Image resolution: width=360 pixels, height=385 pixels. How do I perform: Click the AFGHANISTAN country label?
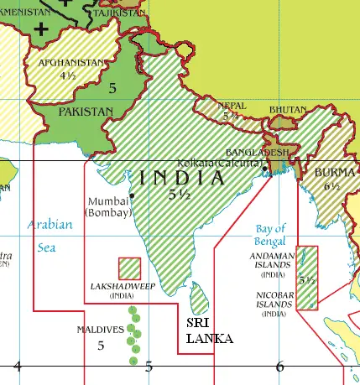pyautogui.click(x=72, y=63)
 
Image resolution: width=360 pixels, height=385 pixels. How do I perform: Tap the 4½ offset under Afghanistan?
pyautogui.click(x=68, y=75)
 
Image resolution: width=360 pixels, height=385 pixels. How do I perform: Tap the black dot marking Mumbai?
pyautogui.click(x=132, y=195)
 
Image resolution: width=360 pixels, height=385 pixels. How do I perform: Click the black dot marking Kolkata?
pyautogui.click(x=264, y=170)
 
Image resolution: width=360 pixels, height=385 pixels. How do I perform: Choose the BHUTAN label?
pyautogui.click(x=288, y=110)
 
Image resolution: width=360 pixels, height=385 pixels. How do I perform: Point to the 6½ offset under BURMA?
pyautogui.click(x=331, y=188)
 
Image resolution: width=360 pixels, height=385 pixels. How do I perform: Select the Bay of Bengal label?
pyautogui.click(x=270, y=234)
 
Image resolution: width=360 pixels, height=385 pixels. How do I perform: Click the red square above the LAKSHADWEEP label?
pyautogui.click(x=129, y=268)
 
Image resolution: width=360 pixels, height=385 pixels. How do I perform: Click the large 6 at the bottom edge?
pyautogui.click(x=280, y=366)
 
